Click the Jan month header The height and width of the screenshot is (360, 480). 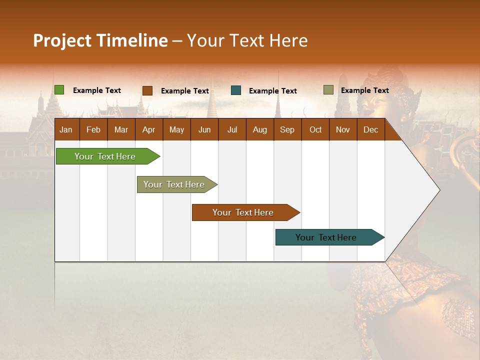(x=66, y=129)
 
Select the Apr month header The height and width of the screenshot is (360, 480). (x=148, y=129)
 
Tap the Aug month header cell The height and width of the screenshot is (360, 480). (x=259, y=129)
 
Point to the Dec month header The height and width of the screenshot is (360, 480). (x=370, y=129)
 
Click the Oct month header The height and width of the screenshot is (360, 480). (x=315, y=129)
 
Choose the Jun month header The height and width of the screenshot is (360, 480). (x=204, y=129)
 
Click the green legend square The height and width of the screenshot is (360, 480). (x=59, y=90)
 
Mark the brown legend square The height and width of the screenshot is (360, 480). (x=147, y=90)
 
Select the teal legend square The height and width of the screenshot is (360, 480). (x=236, y=90)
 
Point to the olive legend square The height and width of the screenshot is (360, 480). (x=328, y=90)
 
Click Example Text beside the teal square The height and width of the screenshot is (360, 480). (x=272, y=91)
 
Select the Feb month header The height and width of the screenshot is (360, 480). (x=93, y=129)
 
